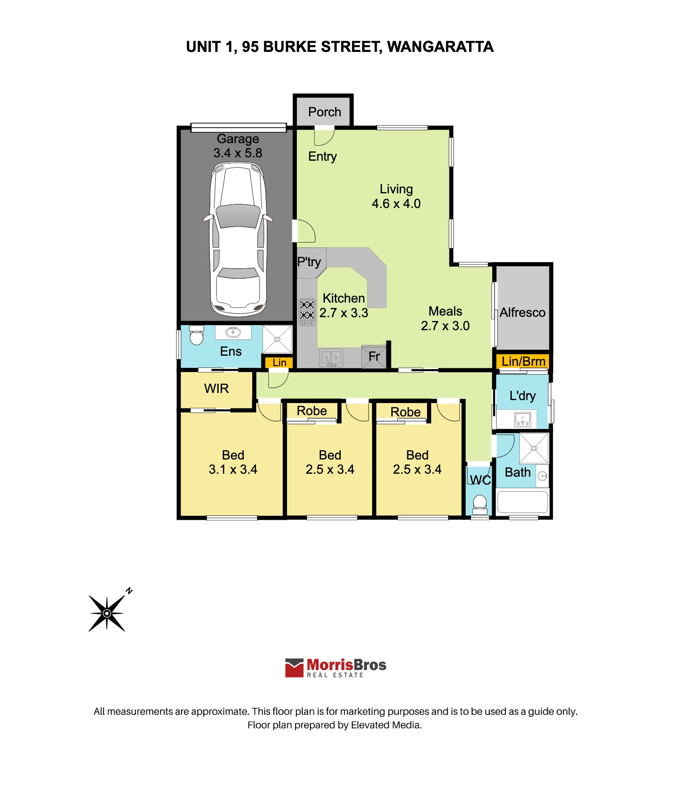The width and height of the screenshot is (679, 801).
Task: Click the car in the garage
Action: (x=238, y=239)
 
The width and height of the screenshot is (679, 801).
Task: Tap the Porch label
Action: (x=324, y=112)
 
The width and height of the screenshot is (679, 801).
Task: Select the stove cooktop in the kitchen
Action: (x=307, y=312)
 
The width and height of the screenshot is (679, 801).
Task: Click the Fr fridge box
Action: (x=374, y=357)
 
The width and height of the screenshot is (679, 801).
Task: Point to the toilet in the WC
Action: (x=480, y=504)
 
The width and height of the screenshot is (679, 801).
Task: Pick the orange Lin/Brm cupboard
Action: (x=523, y=362)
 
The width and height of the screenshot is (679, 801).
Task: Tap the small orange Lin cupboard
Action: (x=279, y=362)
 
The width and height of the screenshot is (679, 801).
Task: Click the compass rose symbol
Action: (x=107, y=613)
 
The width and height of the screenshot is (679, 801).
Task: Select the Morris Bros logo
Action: (x=336, y=668)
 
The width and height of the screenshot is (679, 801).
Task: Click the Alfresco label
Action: (x=522, y=313)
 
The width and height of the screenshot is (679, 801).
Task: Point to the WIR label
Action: (x=217, y=389)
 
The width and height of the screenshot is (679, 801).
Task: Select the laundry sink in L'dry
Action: (x=523, y=419)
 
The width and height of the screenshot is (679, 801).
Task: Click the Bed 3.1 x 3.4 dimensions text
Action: (x=233, y=470)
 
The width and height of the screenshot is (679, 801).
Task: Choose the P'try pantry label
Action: (x=309, y=262)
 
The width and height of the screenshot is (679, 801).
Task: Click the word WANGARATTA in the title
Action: (x=440, y=47)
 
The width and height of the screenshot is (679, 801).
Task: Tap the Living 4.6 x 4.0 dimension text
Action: (x=396, y=204)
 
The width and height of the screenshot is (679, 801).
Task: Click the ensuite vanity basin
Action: (x=233, y=332)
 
